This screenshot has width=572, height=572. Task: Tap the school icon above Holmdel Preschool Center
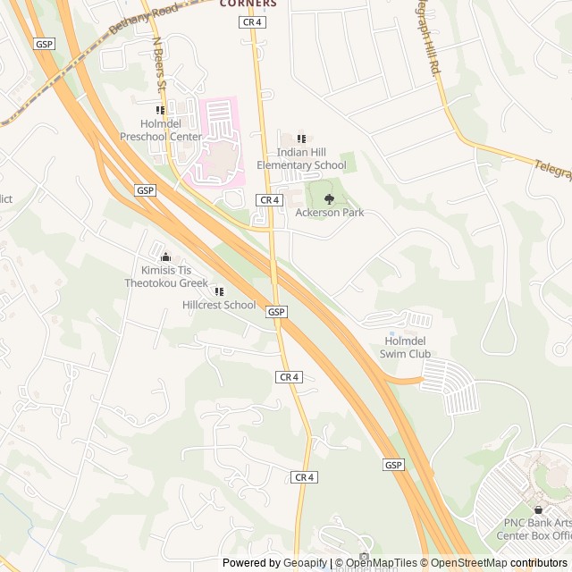tap(161, 110)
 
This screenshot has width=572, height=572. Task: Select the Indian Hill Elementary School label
tap(301, 159)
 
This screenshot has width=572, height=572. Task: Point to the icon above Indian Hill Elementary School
tap(301, 139)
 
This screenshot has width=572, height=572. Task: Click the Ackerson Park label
tap(330, 213)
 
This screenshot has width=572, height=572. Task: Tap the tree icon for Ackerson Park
tap(330, 198)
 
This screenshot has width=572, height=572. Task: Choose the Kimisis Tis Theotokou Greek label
tap(166, 276)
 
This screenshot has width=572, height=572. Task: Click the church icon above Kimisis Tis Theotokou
tap(164, 257)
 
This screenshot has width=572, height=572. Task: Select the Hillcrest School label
tap(219, 305)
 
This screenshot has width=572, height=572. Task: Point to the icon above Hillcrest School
tap(218, 290)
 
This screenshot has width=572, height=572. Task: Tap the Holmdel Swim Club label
tap(408, 348)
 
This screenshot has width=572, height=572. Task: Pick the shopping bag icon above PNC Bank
tap(537, 509)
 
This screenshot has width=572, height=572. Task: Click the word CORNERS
tap(248, 4)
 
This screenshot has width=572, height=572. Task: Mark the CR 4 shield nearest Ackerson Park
tap(269, 199)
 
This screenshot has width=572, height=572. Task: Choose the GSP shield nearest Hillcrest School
tap(276, 311)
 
